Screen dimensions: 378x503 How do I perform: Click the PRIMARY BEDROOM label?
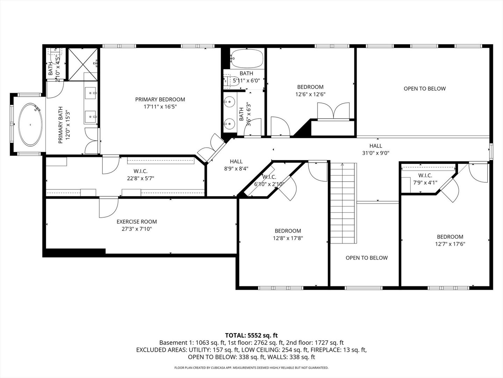click(160, 99)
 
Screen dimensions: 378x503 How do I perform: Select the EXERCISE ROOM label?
click(137, 222)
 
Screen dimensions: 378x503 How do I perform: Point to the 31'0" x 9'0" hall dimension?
click(376, 153)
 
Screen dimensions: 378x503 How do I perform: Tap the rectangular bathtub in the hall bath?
click(247, 58)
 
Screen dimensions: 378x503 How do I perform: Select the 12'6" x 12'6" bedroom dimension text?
click(310, 94)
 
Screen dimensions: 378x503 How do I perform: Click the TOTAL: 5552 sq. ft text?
click(251, 336)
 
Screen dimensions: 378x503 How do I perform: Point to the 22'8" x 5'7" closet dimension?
click(140, 178)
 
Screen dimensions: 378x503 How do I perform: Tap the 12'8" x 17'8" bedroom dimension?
click(288, 238)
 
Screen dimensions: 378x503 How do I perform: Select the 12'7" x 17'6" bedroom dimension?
click(450, 244)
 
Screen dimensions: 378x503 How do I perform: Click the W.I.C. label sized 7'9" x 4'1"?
click(425, 175)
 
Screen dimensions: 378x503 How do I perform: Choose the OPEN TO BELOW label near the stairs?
click(366, 258)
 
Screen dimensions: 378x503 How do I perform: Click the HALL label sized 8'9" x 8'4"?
click(236, 161)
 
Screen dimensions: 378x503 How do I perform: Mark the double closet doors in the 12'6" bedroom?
click(334, 111)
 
